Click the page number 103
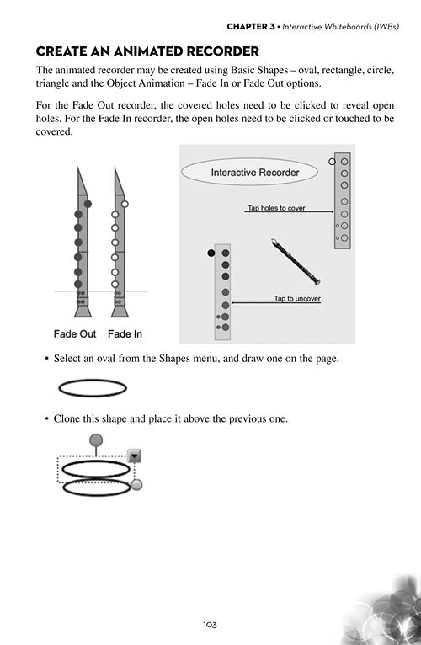coord(210,625)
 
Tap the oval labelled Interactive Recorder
coord(249,172)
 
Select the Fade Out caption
coord(74,334)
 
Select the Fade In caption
coord(125,334)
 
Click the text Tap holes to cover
coord(276,208)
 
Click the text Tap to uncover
coord(297,299)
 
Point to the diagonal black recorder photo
coord(296,262)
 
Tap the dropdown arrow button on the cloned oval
coord(135,456)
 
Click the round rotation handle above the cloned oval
coord(96,440)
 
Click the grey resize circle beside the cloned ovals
coord(136,484)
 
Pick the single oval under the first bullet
coord(93,388)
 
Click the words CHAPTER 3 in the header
coord(251,27)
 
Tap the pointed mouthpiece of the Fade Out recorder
coord(81,182)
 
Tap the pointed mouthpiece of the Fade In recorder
coord(118,182)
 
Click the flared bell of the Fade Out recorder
coord(83,311)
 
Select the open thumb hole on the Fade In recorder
coord(125,204)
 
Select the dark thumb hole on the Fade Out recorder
coord(88,204)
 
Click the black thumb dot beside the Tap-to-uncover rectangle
coord(211,253)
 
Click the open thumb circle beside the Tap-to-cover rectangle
coord(332,162)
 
